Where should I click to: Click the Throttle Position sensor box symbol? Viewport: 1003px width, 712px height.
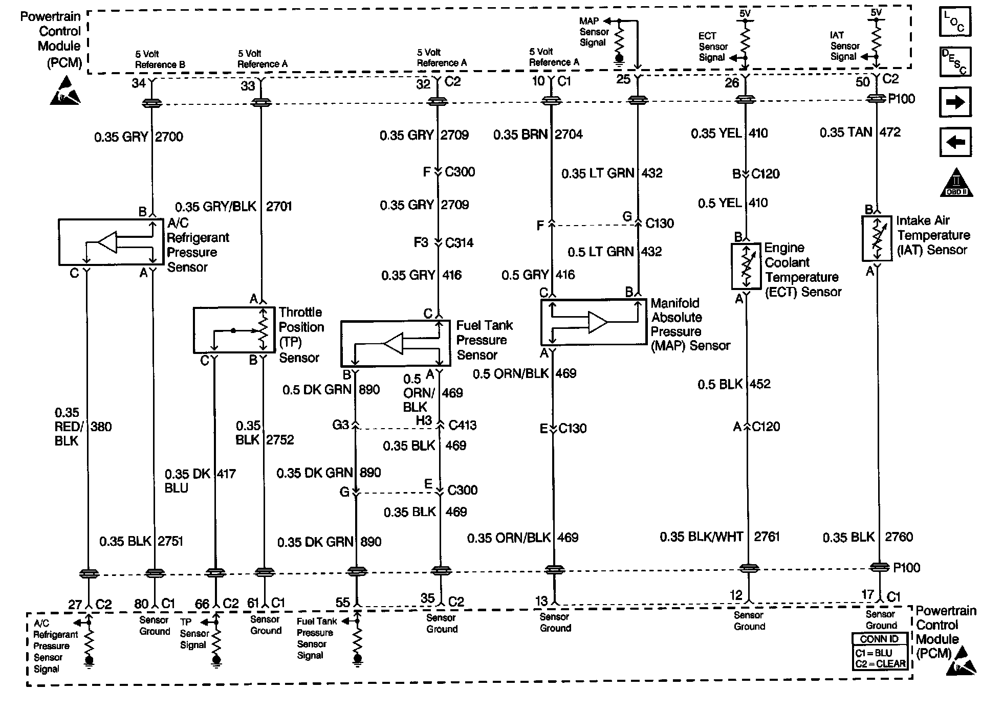point(234,330)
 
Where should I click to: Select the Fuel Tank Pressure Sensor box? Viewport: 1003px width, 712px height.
point(396,343)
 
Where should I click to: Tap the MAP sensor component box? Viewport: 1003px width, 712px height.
point(594,322)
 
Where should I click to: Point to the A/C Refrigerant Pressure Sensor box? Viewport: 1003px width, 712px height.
point(111,242)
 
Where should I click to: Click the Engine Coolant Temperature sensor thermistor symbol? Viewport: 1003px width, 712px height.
point(746,266)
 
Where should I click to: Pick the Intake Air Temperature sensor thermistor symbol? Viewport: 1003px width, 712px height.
point(877,238)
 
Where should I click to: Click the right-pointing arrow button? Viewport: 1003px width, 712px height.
point(955,102)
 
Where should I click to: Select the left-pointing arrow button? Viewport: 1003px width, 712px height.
point(955,142)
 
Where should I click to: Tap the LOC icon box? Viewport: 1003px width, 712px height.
point(955,21)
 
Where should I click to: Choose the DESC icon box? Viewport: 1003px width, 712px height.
point(955,61)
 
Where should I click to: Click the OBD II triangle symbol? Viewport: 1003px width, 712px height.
point(956,183)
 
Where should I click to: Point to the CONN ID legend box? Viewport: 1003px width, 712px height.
point(880,651)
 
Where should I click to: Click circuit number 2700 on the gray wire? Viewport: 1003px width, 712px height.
point(169,137)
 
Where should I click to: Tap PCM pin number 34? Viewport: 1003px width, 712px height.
point(138,83)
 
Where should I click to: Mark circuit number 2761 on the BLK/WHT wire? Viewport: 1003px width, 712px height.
point(767,537)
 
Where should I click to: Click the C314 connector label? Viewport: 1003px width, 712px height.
point(459,242)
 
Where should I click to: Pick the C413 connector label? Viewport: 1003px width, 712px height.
point(462,425)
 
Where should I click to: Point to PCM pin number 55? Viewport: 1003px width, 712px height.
point(343,602)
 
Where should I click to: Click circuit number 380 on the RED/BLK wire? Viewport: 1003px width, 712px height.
point(101,427)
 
